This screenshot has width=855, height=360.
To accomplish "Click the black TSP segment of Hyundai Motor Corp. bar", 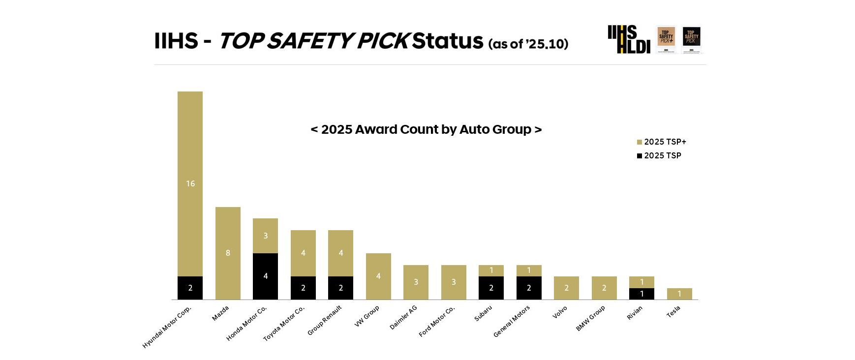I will pyautogui.click(x=190, y=288).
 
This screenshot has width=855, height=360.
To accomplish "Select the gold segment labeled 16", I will pyautogui.click(x=190, y=183).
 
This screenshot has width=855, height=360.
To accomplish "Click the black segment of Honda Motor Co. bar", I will pyautogui.click(x=265, y=276).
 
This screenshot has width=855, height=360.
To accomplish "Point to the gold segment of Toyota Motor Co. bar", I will pyautogui.click(x=303, y=253).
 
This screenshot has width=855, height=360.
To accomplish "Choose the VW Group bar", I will pyautogui.click(x=378, y=276).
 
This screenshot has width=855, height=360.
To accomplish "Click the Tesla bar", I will pyautogui.click(x=679, y=294).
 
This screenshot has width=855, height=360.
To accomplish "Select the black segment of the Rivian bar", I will pyautogui.click(x=641, y=294).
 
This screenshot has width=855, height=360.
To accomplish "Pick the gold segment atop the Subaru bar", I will pyautogui.click(x=491, y=270).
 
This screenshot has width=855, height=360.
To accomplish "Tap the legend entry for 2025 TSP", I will pyautogui.click(x=659, y=155).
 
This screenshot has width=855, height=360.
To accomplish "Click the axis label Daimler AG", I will pyautogui.click(x=403, y=318).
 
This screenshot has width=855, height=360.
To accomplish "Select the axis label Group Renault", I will pyautogui.click(x=324, y=321).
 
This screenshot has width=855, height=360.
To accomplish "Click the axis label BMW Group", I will pyautogui.click(x=590, y=318).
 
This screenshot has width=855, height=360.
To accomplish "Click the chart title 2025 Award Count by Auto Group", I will pyautogui.click(x=426, y=129).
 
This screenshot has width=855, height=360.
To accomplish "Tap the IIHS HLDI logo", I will pyautogui.click(x=629, y=39).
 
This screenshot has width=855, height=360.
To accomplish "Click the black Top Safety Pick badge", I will pyautogui.click(x=691, y=38).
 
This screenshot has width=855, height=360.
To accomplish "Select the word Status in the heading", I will pyautogui.click(x=448, y=40).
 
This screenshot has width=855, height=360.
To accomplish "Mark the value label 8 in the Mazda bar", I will pyautogui.click(x=228, y=253).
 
